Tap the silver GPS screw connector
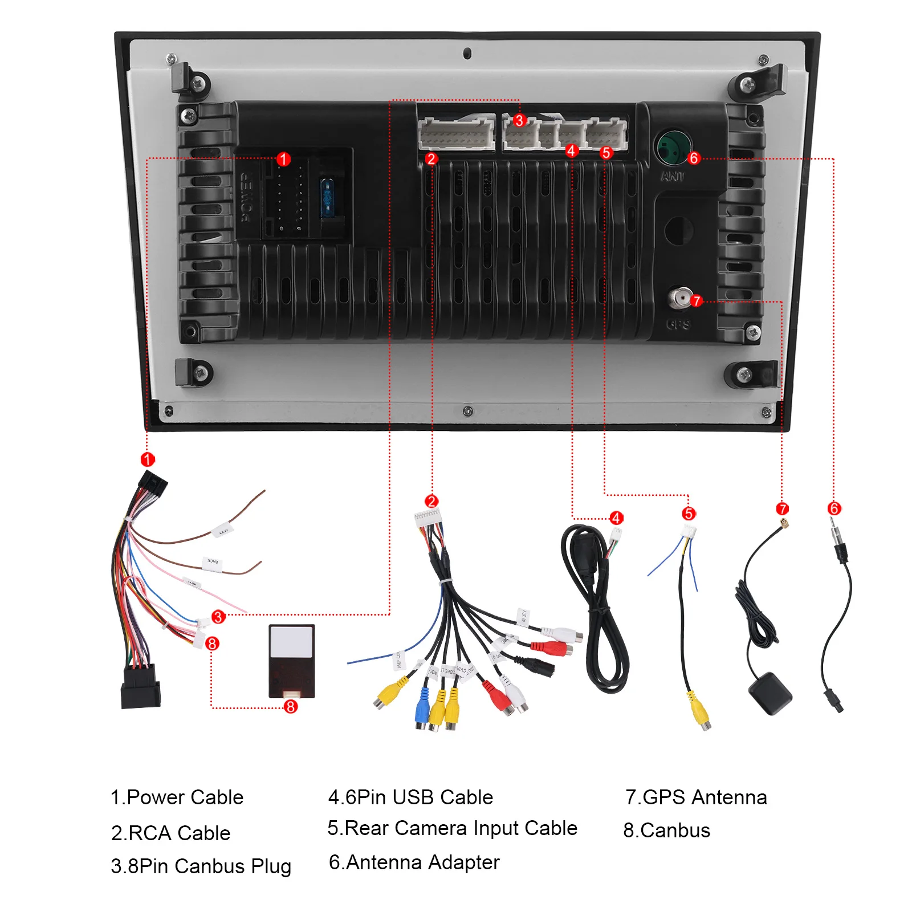680,298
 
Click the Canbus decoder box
291,661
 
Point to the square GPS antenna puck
770,693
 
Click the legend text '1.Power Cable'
177,797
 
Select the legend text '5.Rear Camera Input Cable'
452,828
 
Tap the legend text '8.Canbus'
666,830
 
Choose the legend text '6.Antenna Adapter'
414,862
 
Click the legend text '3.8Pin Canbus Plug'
201,866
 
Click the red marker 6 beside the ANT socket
694,158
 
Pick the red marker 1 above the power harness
147,459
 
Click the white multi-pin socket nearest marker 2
456,135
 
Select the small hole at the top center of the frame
467,54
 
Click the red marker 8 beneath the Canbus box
291,707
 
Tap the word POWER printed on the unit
247,198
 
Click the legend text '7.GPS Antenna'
696,797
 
